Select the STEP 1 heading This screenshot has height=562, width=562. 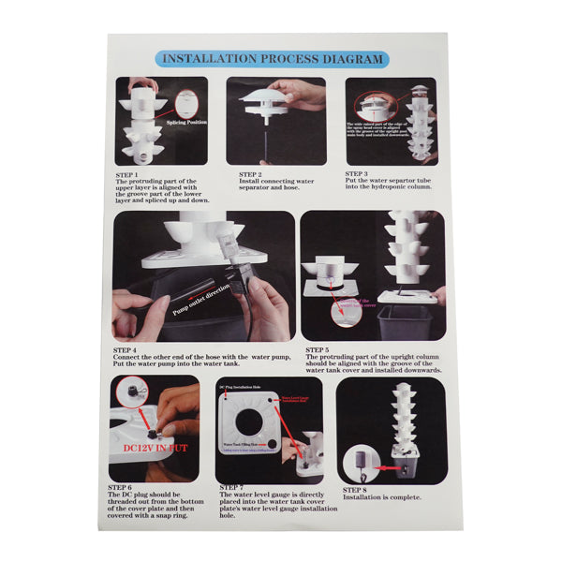click(x=127, y=174)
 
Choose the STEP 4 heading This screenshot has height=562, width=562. click(x=129, y=349)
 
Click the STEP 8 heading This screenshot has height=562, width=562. click(x=355, y=489)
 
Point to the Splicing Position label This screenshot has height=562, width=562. click(x=187, y=122)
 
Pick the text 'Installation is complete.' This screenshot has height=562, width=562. click(x=382, y=497)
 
